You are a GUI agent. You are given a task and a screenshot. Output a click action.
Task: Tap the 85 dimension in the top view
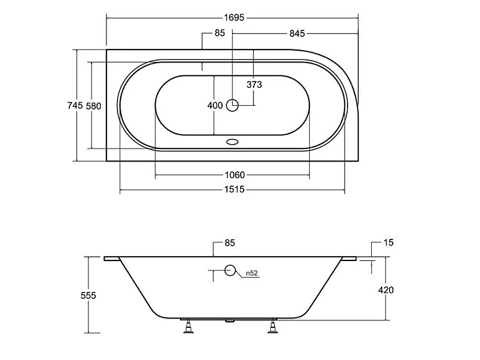220,33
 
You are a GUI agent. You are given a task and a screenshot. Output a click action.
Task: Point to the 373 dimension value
254,85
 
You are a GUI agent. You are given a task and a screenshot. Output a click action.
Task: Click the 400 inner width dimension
215,105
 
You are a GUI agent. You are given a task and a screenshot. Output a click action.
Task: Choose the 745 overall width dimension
75,106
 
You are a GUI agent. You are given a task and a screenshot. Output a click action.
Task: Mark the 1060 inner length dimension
233,174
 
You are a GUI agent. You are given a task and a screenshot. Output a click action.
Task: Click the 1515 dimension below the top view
233,190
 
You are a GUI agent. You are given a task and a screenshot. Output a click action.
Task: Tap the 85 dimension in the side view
229,242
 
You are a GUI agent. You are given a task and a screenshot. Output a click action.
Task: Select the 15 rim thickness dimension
389,242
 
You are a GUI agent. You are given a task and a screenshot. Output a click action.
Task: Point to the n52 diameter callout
252,273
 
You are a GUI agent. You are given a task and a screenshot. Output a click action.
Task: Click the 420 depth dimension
385,290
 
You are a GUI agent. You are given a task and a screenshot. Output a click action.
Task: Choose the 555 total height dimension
88,296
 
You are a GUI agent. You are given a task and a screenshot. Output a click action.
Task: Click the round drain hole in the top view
233,105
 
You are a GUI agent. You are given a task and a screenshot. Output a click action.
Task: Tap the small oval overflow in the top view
233,141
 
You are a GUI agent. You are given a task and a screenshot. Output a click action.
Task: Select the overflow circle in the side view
231,270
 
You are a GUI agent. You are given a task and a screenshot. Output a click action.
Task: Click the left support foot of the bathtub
188,327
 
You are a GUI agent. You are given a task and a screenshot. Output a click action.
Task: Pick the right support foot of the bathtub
273,327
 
